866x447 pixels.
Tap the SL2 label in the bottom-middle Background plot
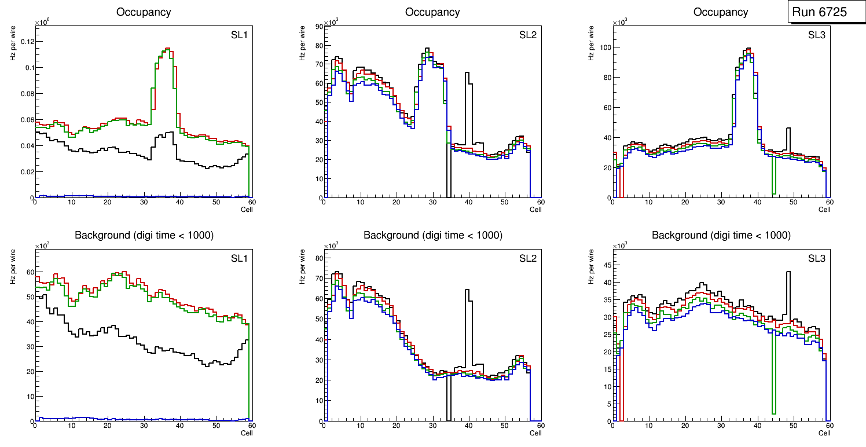527,259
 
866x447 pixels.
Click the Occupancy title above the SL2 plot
432,12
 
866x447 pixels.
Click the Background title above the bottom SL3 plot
721,235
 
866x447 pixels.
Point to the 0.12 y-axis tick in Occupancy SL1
27,42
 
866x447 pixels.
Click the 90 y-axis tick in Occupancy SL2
317,25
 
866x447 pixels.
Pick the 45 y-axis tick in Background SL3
606,266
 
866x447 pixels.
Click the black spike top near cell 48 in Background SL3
788,272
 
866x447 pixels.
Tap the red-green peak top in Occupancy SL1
167,49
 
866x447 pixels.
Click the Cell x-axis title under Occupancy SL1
247,209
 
